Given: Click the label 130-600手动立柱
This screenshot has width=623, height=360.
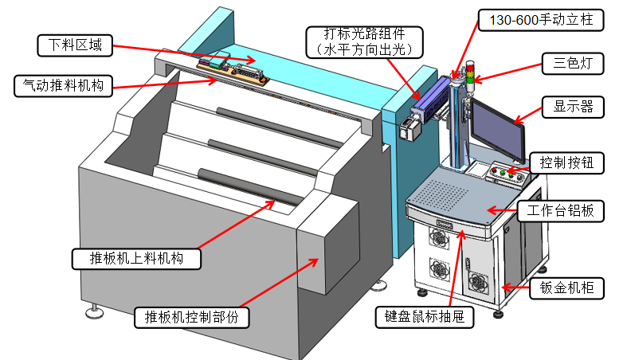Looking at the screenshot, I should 531,18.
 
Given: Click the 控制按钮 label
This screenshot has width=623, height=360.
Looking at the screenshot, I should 566,162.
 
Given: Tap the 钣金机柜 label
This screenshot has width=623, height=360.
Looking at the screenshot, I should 566,288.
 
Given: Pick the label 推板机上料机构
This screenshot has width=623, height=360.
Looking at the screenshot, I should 136,259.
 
